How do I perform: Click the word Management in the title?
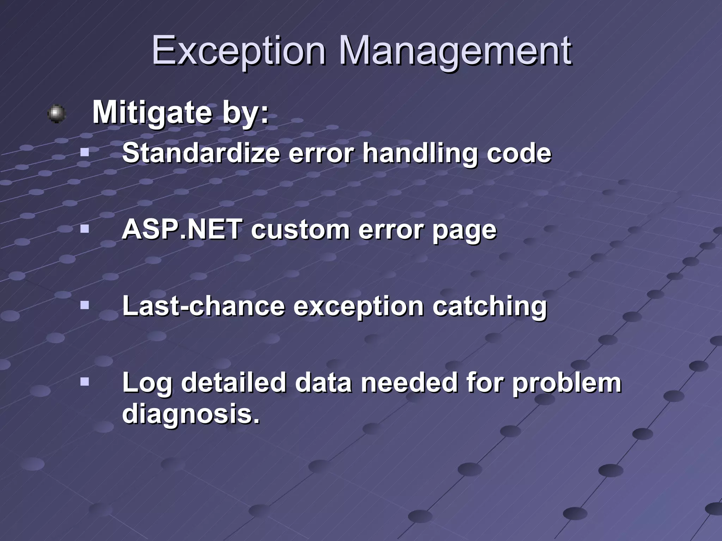(x=455, y=51)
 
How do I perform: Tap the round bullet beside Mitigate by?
(x=56, y=113)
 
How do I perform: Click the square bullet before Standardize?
(x=84, y=153)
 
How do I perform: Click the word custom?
(x=300, y=229)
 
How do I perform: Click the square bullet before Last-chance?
(x=84, y=305)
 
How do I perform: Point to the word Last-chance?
(x=203, y=305)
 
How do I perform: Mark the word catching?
(x=489, y=306)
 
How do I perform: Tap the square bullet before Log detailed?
(x=84, y=382)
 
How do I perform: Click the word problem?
(x=567, y=383)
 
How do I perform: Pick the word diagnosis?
(x=190, y=413)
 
